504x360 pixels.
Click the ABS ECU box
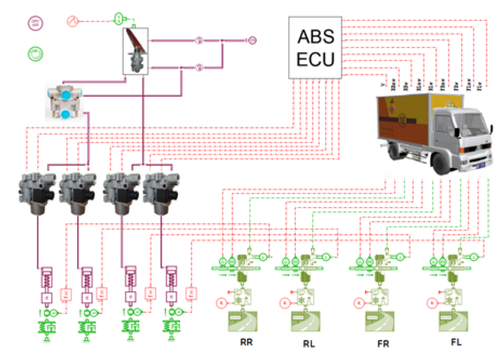[315, 48]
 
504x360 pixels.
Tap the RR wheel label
[246, 342]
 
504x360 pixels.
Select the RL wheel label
[309, 343]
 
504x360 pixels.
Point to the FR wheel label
[383, 343]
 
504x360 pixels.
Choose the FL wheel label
[456, 342]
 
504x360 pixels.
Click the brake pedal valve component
[136, 51]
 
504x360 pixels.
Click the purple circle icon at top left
[36, 23]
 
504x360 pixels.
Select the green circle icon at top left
[36, 54]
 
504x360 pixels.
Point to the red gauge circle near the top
[72, 20]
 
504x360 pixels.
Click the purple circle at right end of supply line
[252, 40]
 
